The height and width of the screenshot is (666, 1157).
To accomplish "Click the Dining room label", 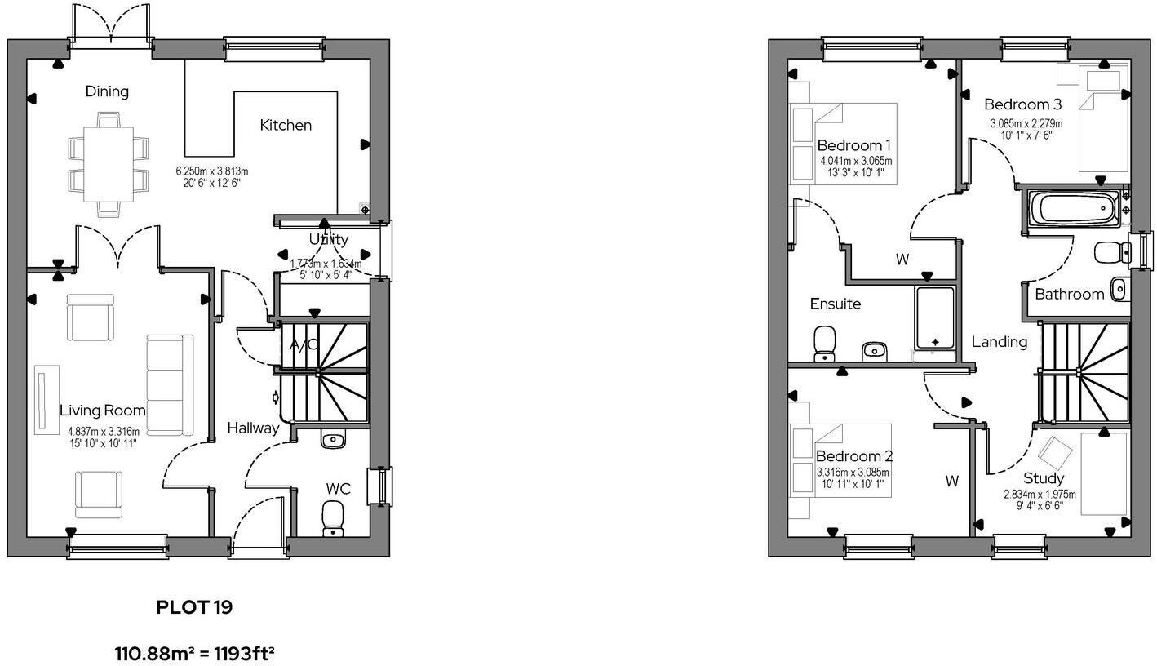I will click(x=107, y=91).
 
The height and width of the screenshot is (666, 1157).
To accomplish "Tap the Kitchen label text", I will click(x=286, y=125).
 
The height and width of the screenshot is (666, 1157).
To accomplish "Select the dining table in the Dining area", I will click(x=108, y=164).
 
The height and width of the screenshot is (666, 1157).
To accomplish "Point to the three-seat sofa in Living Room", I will click(x=170, y=384).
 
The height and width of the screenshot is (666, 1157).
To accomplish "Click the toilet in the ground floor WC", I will click(x=333, y=518).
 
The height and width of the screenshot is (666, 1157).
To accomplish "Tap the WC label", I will click(x=339, y=489).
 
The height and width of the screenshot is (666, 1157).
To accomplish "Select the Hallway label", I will click(x=253, y=428).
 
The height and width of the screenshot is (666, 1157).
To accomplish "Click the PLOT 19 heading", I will click(x=194, y=607).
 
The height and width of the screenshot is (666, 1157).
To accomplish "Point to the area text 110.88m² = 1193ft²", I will click(x=194, y=654).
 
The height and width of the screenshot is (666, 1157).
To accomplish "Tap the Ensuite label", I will click(x=835, y=304).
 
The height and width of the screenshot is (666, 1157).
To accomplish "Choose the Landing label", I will click(x=999, y=342).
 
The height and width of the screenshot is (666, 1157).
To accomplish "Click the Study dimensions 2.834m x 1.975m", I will click(x=1040, y=495).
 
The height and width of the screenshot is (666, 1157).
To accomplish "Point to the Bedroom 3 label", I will click(x=1022, y=104).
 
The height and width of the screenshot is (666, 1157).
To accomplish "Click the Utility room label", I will click(x=329, y=239).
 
